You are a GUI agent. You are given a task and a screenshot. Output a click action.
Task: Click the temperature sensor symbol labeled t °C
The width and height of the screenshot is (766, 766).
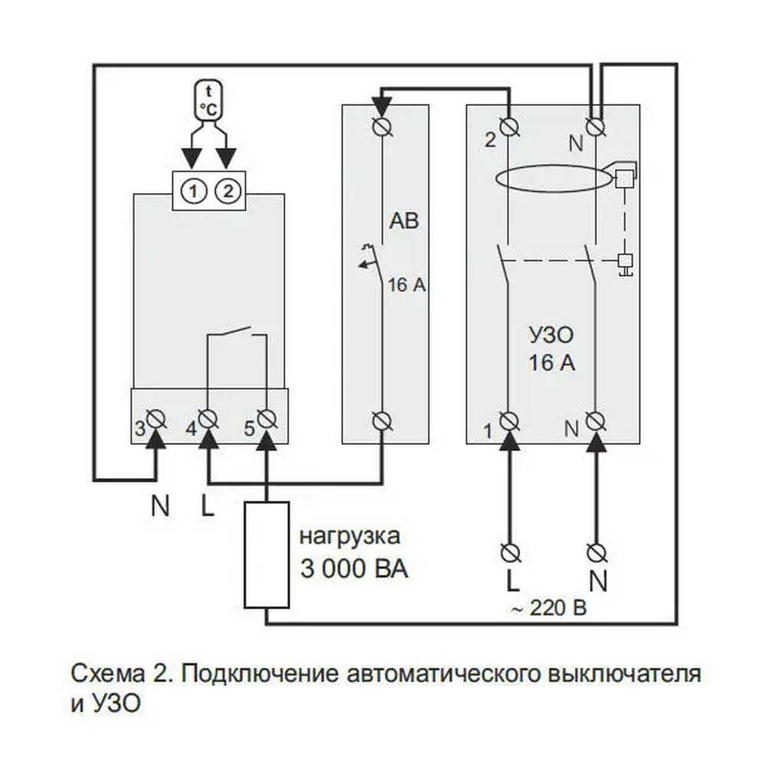pos(209,100)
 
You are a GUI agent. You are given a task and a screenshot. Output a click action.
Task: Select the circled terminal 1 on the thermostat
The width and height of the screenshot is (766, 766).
pos(194,191)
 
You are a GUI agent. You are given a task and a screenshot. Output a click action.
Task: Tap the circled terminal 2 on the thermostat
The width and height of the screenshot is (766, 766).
pos(228,191)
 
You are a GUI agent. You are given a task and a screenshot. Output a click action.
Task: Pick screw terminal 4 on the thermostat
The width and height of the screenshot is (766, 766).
pos(208,419)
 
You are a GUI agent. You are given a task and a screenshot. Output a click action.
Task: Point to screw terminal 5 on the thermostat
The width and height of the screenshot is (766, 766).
pos(267,419)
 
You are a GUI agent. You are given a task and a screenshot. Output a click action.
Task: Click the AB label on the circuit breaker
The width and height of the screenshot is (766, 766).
pos(404,221)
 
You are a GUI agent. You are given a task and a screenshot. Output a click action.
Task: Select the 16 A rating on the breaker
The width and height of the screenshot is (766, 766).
pos(407,285)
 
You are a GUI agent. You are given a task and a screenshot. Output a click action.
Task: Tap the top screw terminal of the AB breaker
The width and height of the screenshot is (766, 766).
pos(382,126)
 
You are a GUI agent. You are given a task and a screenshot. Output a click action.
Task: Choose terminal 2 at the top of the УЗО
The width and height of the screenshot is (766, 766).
pos(509,127)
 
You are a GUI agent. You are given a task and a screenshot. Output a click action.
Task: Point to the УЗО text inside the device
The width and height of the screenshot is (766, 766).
pos(551,336)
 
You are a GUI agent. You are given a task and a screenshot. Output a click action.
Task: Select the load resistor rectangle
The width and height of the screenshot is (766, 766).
pos(267,555)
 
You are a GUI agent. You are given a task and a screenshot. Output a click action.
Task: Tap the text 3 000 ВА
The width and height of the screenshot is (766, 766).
pos(354,569)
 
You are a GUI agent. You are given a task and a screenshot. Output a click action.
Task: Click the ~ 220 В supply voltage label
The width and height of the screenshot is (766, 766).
pos(548,608)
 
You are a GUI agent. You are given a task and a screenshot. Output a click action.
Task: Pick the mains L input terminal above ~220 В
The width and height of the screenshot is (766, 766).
pos(510,553)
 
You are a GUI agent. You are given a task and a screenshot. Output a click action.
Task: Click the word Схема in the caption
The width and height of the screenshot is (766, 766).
pos(108,673)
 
